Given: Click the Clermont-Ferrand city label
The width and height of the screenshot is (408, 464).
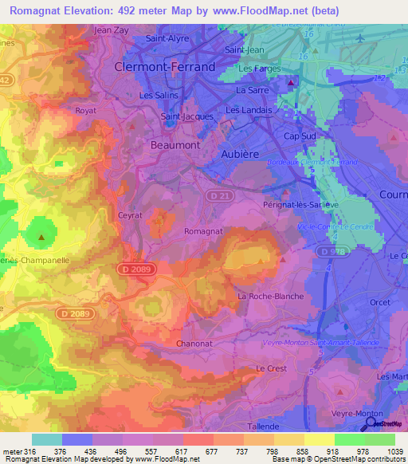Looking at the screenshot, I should click(164, 68).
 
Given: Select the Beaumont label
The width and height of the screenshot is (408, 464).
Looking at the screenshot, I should click(175, 146).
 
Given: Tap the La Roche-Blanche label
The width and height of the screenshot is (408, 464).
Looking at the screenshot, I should click(271, 297).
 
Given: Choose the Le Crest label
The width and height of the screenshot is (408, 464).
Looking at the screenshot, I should click(271, 368).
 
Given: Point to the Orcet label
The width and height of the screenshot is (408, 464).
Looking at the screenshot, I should click(379, 301).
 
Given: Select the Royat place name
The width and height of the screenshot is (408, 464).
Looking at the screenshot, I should click(84, 111).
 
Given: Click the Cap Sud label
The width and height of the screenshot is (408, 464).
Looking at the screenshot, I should click(300, 136).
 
